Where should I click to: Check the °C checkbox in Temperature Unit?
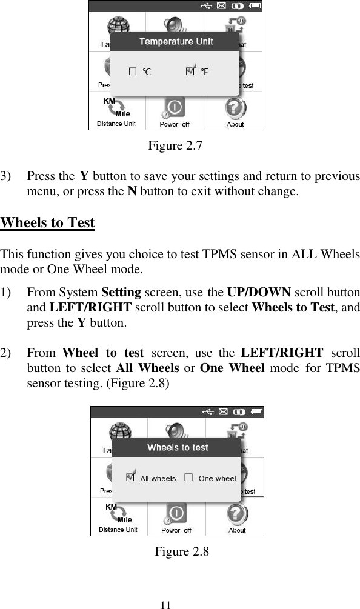(133, 72)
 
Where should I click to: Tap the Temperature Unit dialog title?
(176, 41)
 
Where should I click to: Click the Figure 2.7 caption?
(176, 146)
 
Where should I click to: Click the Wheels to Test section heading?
(48, 222)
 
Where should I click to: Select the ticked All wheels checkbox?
(130, 477)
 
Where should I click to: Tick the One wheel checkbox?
(188, 478)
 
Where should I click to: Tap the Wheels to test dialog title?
(178, 448)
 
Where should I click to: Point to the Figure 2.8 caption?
(182, 552)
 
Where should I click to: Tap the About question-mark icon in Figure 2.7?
(235, 108)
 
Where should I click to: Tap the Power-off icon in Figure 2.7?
(174, 108)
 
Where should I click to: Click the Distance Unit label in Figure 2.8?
(118, 530)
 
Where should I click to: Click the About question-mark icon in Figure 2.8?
(236, 514)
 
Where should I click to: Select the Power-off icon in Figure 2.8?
(176, 514)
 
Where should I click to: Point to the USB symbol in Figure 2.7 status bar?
(207, 6)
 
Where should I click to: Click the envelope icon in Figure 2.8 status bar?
(223, 412)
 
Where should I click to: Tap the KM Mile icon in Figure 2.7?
(116, 107)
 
